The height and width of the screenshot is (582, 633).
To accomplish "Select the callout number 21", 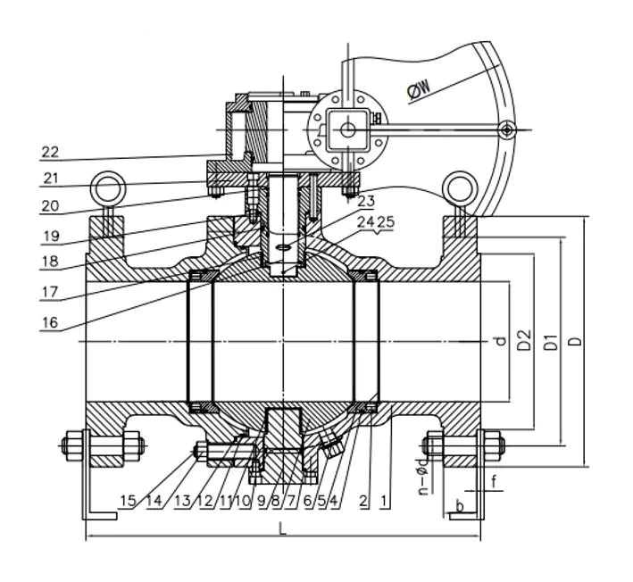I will click(x=51, y=179).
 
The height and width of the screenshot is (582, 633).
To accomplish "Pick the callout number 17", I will click(x=51, y=290).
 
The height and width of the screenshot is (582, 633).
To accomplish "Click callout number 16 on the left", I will click(x=51, y=322).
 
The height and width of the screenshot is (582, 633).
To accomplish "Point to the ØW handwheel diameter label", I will click(x=420, y=87).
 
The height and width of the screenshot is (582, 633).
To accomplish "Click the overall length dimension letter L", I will click(x=282, y=529).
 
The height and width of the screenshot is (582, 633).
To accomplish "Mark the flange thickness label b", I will click(x=460, y=507).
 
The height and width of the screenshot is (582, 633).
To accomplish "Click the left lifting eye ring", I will click(x=109, y=188).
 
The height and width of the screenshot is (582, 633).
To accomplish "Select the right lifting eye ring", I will click(x=460, y=188).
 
